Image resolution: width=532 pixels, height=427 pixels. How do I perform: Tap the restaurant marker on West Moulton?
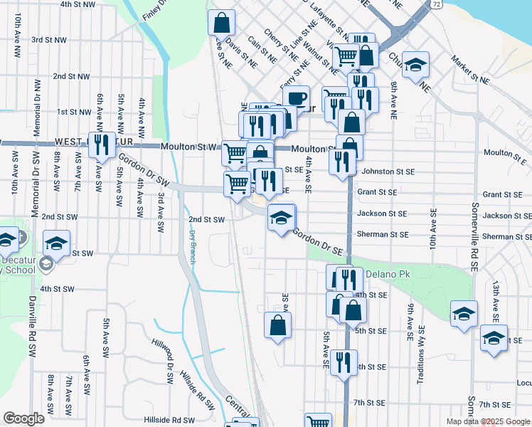[102, 145]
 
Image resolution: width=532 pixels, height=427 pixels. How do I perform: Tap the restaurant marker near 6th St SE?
[344, 362]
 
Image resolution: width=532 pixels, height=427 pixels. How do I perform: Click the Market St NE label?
[471, 70]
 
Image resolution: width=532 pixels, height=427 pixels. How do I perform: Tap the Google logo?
[23, 418]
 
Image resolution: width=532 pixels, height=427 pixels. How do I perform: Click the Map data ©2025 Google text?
[487, 421]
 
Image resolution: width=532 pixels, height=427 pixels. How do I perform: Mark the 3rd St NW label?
[50, 40]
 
